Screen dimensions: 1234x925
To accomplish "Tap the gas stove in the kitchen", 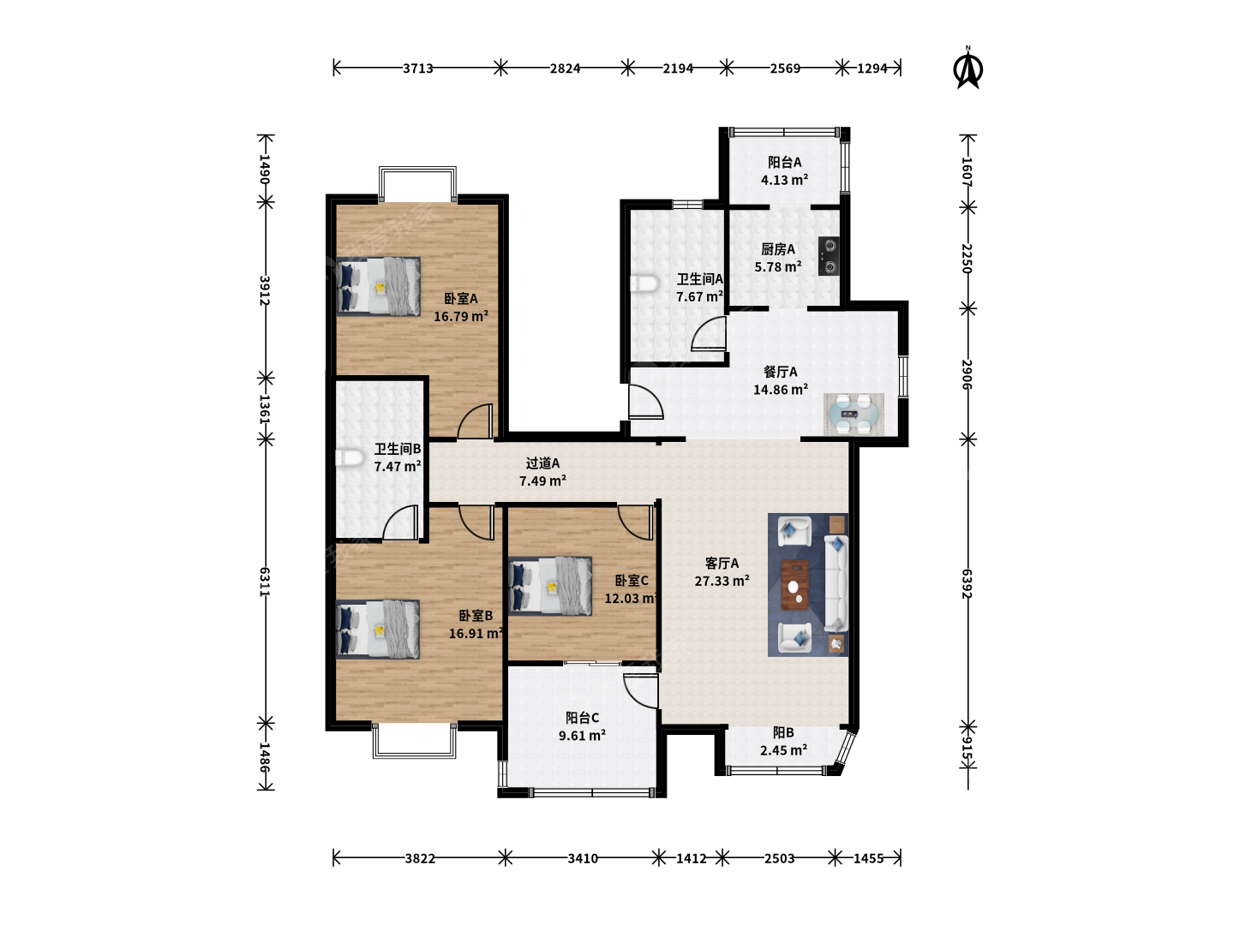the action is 829,256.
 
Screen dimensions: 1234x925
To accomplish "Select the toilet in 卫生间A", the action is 644,283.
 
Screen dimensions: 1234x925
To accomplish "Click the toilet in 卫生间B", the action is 349,457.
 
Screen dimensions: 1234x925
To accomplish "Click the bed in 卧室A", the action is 379,286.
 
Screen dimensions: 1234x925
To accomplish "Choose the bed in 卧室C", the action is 550,586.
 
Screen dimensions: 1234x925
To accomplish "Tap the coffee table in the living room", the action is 795,585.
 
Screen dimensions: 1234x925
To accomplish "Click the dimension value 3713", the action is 417,69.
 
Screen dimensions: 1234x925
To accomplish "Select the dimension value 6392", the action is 967,583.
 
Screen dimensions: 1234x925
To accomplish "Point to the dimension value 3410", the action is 583,858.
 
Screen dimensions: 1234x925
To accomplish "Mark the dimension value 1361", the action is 264,409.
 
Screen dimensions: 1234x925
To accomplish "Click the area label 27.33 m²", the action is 722,581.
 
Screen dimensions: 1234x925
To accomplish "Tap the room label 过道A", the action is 542,463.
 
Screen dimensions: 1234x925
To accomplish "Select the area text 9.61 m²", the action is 582,735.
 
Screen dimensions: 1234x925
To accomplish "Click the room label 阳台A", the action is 785,163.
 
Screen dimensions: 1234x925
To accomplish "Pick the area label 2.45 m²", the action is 784,749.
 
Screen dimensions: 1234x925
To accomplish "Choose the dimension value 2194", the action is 678,69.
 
